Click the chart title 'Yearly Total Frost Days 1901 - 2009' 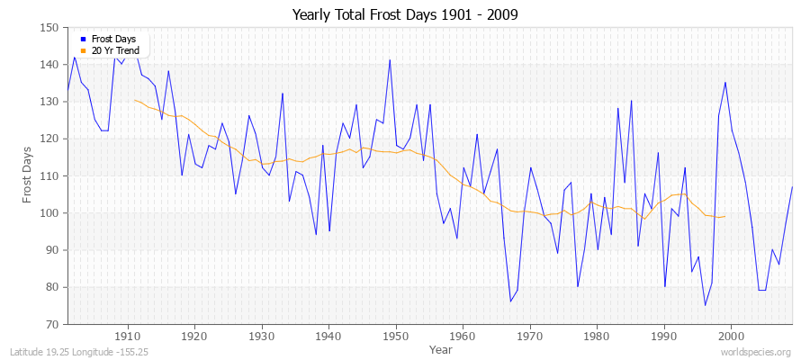point(405,15)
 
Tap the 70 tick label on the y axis point(53,324)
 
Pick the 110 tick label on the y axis point(50,175)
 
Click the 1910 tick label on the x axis point(127,336)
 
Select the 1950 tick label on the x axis point(395,336)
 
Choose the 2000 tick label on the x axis point(731,336)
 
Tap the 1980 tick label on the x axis point(597,336)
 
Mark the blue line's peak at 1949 point(390,60)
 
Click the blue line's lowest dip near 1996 point(705,305)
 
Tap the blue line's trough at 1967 point(510,301)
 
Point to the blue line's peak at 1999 point(725,83)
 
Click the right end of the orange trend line point(725,216)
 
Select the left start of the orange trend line point(134,100)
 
